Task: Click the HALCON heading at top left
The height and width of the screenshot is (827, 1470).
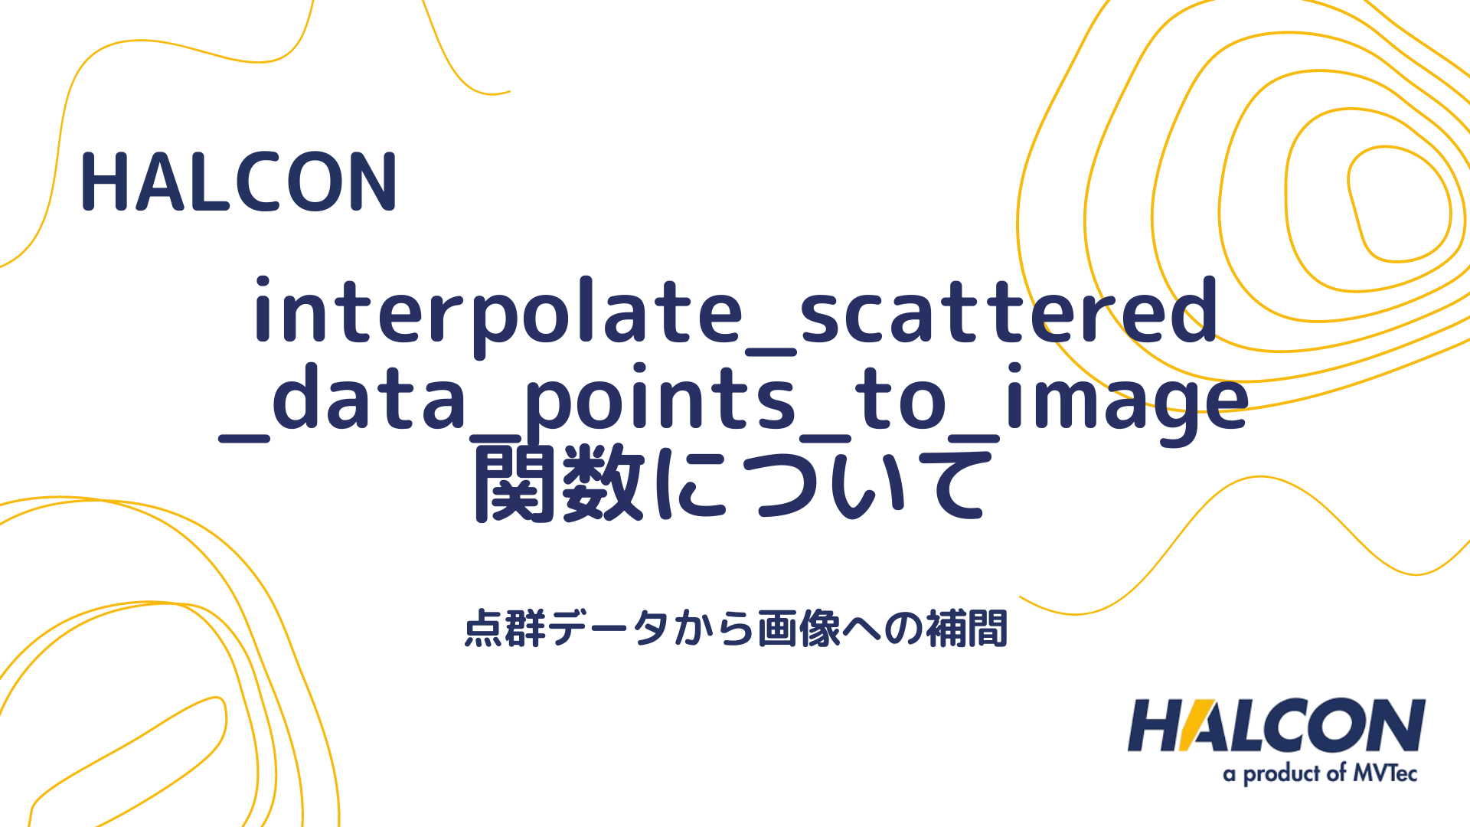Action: [x=238, y=181]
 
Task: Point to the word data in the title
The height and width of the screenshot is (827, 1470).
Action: [x=369, y=398]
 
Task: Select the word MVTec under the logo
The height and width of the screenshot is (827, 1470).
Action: [x=1385, y=773]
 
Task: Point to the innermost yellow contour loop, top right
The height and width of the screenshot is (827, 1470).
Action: [x=1398, y=204]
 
